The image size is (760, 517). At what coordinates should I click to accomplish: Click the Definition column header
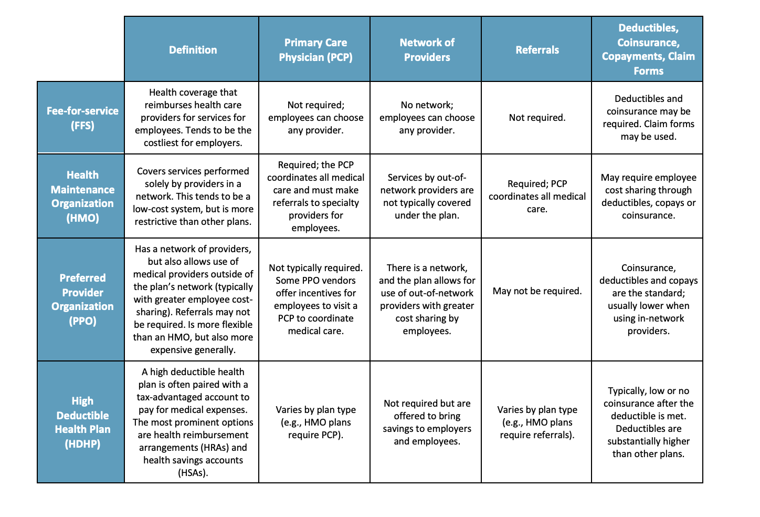click(x=193, y=50)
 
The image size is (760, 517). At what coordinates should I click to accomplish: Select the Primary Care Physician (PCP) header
click(x=315, y=50)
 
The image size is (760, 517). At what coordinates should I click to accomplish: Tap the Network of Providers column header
click(x=426, y=50)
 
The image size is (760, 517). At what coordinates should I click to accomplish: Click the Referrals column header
click(x=537, y=50)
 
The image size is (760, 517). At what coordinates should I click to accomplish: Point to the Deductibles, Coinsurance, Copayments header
click(x=648, y=49)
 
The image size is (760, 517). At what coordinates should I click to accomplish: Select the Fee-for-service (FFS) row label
click(x=82, y=118)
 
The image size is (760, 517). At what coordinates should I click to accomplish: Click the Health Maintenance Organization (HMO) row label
click(x=82, y=196)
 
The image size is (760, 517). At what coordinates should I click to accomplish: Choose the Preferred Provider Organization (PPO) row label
click(x=82, y=299)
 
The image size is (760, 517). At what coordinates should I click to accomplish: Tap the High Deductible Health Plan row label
click(x=82, y=422)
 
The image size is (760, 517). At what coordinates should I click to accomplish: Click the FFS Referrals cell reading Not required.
click(x=537, y=118)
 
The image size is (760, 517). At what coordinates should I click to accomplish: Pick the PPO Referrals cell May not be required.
click(x=537, y=291)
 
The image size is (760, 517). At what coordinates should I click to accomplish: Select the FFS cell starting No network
click(x=427, y=118)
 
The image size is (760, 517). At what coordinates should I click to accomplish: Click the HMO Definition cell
click(x=193, y=197)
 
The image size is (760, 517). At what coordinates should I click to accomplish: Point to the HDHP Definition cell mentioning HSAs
click(x=193, y=422)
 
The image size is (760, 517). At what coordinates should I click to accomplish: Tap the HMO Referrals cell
click(x=537, y=197)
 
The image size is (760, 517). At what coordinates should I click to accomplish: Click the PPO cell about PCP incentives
click(x=315, y=299)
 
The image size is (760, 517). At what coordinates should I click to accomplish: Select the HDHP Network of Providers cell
click(x=427, y=422)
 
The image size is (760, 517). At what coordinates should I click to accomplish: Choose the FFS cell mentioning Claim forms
click(x=648, y=118)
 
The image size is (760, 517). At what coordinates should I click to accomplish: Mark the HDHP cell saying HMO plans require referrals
click(x=537, y=422)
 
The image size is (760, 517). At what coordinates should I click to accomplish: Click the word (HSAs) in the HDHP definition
click(x=193, y=473)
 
